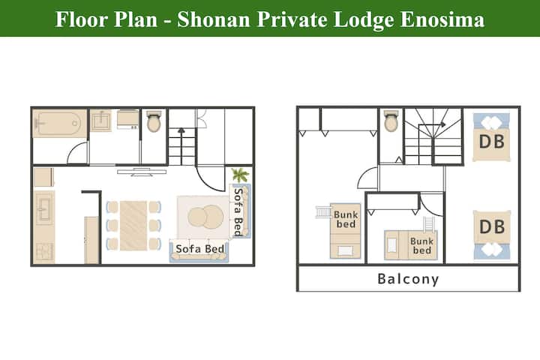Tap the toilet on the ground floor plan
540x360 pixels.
pos(154,121)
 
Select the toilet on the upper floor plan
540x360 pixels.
pos(391,121)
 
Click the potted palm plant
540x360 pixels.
pos(240,175)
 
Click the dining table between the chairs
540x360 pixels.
pos(133,226)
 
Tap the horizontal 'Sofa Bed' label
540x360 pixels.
pos(199,248)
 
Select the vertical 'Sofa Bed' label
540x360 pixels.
pos(238,211)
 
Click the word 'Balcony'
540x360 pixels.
pos(408,279)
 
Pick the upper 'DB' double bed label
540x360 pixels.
pos(492,142)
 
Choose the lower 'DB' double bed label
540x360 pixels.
pos(492,226)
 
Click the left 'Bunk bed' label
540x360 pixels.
pos(346,220)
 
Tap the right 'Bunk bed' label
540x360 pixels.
pos(421,246)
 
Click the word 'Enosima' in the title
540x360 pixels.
pos(442,19)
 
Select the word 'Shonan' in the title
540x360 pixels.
pos(214,19)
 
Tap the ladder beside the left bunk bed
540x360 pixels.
pos(322,211)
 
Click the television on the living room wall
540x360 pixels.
pos(142,172)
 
